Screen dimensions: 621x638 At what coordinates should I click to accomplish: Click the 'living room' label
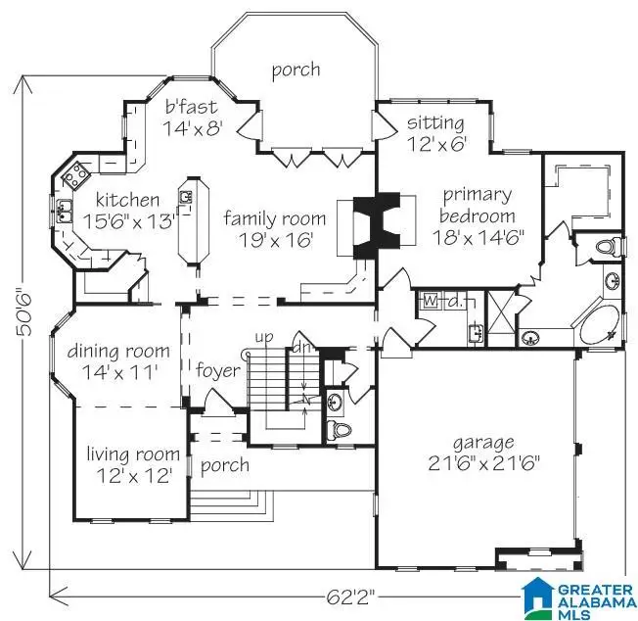pos(132,454)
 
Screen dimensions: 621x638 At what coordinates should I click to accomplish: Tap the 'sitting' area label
pos(436,122)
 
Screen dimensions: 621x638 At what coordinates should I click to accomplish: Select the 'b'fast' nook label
pos(191,106)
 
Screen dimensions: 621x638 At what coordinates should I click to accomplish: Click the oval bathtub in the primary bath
pos(600,326)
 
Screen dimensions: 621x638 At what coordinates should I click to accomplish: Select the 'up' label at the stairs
pos(263,337)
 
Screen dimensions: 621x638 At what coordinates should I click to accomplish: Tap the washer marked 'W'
pos(430,301)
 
